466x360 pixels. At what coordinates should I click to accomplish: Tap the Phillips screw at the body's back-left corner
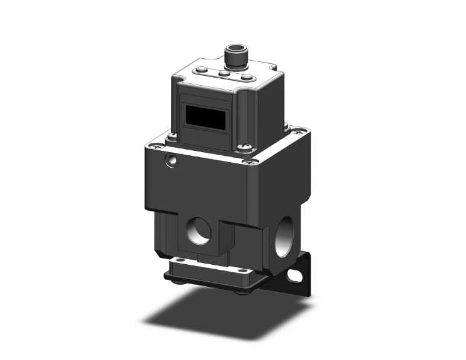point(170,136)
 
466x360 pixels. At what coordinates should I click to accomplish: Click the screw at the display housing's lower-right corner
point(242,149)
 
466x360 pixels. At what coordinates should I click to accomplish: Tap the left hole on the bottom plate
point(181,260)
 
